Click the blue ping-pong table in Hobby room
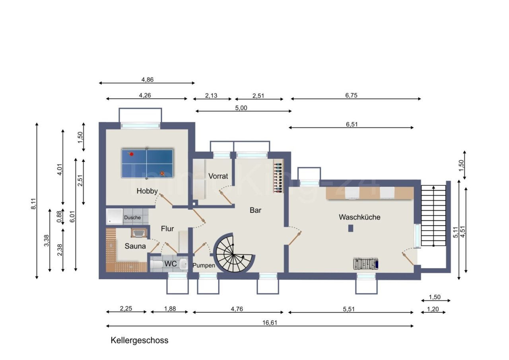click(147, 163)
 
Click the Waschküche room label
click(359, 217)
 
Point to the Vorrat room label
click(218, 176)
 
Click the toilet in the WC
click(156, 264)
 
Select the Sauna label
click(135, 246)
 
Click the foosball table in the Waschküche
click(366, 263)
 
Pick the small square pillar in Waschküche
click(351, 228)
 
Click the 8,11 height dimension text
click(34, 201)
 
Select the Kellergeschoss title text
click(139, 341)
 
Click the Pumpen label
click(204, 265)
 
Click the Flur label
click(167, 229)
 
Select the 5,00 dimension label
click(241, 107)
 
